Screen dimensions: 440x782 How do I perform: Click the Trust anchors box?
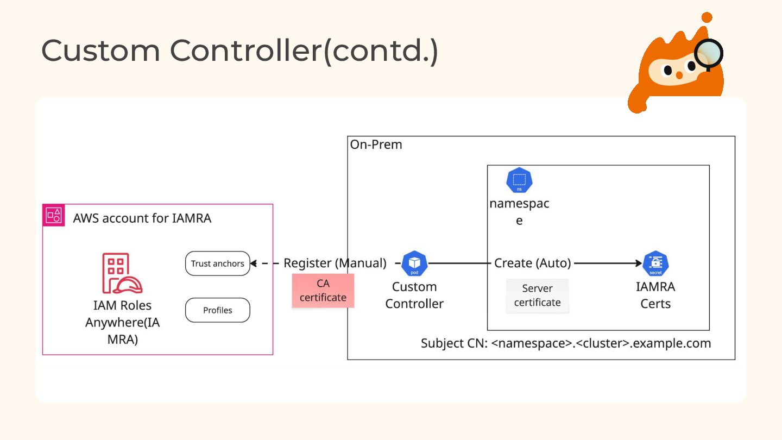click(217, 263)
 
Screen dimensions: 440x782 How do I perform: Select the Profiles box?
click(217, 310)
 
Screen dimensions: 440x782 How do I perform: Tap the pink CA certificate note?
click(323, 291)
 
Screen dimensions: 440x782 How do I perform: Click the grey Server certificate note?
click(537, 296)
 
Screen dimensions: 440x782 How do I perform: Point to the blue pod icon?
click(414, 263)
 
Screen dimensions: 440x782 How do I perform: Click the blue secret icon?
click(655, 263)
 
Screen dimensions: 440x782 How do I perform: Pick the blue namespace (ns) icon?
click(519, 181)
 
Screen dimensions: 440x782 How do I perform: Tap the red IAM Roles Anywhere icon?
click(122, 273)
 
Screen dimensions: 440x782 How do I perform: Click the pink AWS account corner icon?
click(54, 215)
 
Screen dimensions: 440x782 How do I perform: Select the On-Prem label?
click(376, 145)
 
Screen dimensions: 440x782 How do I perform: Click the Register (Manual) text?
click(335, 263)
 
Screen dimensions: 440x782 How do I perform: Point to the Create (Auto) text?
click(532, 263)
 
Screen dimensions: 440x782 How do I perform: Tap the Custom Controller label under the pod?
click(414, 295)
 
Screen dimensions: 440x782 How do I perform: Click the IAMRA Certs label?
click(655, 295)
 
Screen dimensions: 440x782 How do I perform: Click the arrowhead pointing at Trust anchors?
click(253, 263)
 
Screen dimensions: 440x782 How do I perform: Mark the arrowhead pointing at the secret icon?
click(639, 263)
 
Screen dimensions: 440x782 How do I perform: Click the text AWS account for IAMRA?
click(142, 218)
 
